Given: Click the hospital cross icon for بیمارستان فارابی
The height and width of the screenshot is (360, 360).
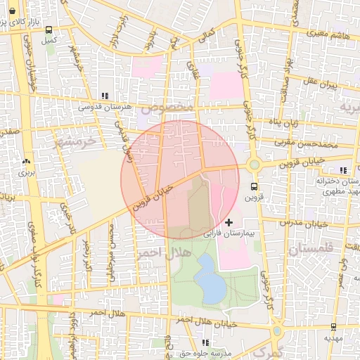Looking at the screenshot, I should [x=229, y=222].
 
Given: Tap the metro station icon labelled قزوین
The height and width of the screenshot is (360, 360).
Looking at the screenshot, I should [x=254, y=187].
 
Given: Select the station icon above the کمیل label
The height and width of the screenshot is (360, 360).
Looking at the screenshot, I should [x=49, y=30].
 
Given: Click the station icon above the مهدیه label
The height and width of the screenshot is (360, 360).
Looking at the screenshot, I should [x=333, y=327].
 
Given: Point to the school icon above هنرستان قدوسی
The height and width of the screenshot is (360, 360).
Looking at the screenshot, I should [x=105, y=96].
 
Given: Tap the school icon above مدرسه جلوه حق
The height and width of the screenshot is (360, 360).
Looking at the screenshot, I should [x=205, y=342].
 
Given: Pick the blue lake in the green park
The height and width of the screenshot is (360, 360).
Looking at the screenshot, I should [x=209, y=278].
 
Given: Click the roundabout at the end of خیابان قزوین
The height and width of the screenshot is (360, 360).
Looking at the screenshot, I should [x=254, y=165].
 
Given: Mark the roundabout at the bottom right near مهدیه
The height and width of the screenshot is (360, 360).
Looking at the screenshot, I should [x=278, y=330].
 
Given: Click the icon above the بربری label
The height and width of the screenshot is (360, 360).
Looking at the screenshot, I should [x=26, y=161].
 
